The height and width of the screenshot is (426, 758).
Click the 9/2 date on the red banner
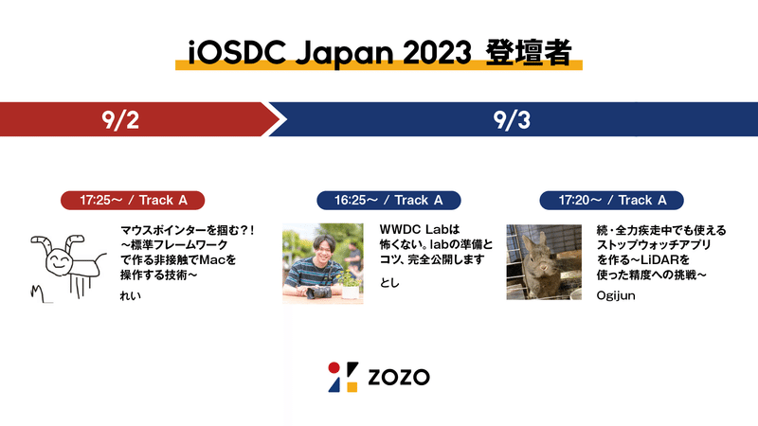click(120, 120)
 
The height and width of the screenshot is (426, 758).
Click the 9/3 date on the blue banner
click(512, 120)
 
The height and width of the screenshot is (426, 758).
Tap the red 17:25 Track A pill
click(133, 200)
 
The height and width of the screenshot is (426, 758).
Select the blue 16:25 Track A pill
click(388, 200)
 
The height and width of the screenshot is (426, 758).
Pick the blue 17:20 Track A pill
click(611, 200)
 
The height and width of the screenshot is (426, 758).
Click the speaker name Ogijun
click(615, 295)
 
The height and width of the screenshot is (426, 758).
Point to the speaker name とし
click(389, 282)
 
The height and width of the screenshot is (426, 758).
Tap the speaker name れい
click(131, 295)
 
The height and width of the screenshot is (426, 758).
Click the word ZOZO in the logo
click(399, 377)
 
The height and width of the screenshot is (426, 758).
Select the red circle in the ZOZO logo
click(334, 367)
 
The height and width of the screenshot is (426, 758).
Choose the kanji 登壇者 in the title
click(529, 53)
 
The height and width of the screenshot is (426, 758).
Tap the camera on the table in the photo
click(318, 293)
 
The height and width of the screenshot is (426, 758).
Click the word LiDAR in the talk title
click(659, 259)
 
